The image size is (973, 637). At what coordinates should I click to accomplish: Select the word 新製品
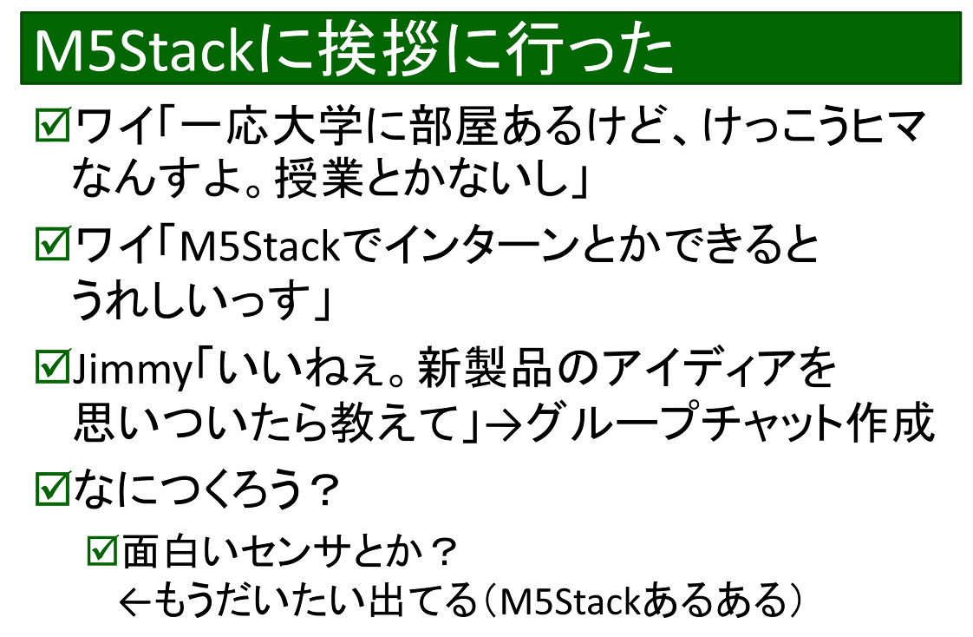[x=480, y=369]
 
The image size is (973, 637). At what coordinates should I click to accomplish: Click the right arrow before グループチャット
[x=504, y=424]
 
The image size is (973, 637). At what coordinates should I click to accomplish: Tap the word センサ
[x=296, y=550]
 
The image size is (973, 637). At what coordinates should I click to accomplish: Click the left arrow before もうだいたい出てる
[x=136, y=600]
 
